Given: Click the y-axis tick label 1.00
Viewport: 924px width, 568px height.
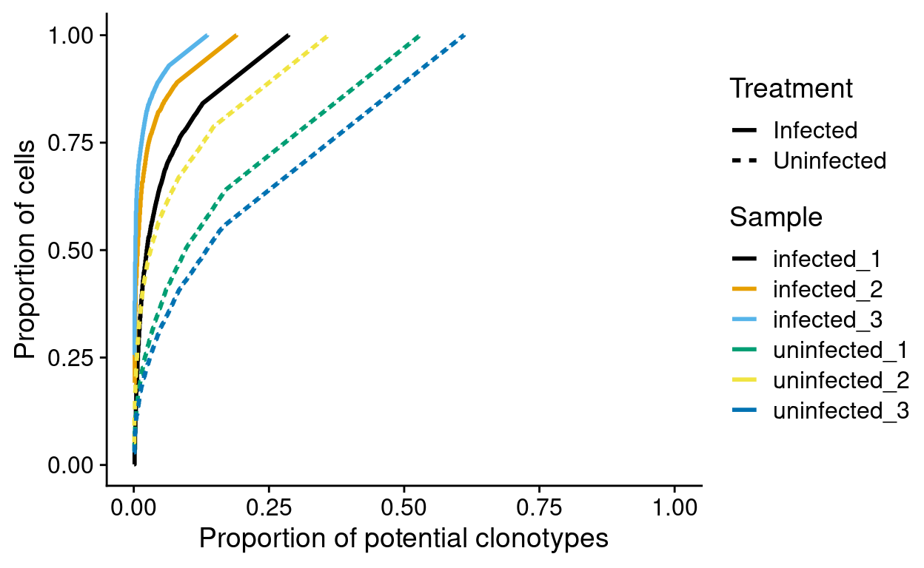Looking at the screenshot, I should [73, 35].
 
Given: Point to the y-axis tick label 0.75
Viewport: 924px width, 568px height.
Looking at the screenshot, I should [73, 143].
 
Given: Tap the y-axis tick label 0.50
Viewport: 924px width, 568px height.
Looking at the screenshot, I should [73, 250].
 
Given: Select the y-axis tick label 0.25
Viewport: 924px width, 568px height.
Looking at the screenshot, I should [73, 358].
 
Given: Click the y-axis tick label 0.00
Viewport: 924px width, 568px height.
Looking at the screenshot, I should [73, 465].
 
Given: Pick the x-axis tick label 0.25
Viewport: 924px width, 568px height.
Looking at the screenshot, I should [269, 508].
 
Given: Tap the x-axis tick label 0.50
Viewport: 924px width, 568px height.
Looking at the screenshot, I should [404, 508].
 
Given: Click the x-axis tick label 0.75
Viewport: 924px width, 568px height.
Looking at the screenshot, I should [539, 508].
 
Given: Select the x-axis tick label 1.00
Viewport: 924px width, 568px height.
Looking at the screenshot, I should [674, 508].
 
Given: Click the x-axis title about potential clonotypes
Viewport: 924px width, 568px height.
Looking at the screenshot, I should [404, 538].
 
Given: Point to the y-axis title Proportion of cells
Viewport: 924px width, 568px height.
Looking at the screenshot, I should [25, 250].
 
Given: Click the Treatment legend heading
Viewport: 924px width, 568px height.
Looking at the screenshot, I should [791, 89].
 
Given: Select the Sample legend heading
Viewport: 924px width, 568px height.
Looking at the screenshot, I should [775, 217].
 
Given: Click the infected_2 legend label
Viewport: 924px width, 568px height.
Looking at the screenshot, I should [827, 289].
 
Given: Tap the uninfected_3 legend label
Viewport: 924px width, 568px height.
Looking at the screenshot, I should [840, 410].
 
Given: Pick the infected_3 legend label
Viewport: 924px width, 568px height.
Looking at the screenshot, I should [827, 319].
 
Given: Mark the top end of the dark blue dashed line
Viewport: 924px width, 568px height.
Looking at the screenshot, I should [464, 35].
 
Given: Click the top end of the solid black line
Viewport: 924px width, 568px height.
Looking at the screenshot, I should [288, 35].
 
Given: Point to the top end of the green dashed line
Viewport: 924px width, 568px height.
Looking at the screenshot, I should [419, 35].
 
